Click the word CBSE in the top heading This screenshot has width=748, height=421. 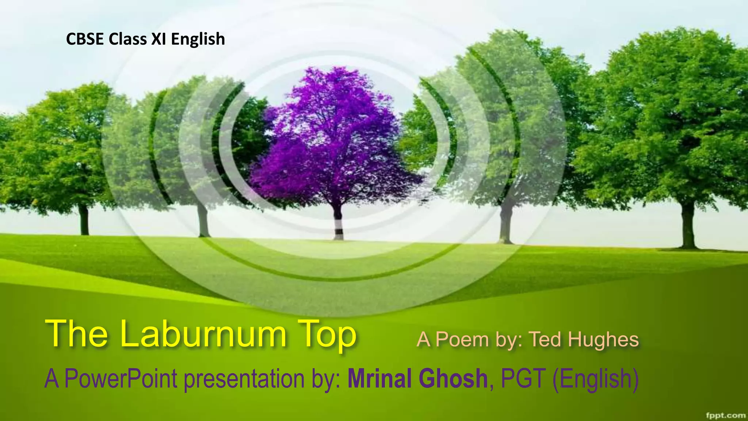85,39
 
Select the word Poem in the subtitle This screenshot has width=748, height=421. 462,340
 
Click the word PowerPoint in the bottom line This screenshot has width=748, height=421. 121,379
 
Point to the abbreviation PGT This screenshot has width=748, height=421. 523,378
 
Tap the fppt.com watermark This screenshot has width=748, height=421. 726,415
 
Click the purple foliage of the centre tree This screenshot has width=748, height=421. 332,139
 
